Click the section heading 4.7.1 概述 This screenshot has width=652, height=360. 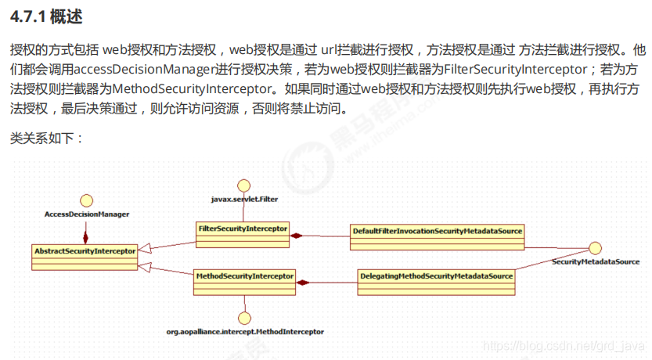(x=46, y=15)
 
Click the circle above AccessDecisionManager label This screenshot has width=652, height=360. (x=87, y=200)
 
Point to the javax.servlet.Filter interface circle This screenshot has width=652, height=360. (x=244, y=185)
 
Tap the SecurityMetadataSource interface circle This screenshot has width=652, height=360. (x=595, y=248)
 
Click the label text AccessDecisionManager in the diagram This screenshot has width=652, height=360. (x=87, y=214)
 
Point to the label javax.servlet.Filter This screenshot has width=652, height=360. (x=244, y=200)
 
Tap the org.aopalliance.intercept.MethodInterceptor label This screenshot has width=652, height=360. (x=245, y=332)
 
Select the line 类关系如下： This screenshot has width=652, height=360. (x=46, y=139)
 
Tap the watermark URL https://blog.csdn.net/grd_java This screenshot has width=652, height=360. (x=564, y=345)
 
